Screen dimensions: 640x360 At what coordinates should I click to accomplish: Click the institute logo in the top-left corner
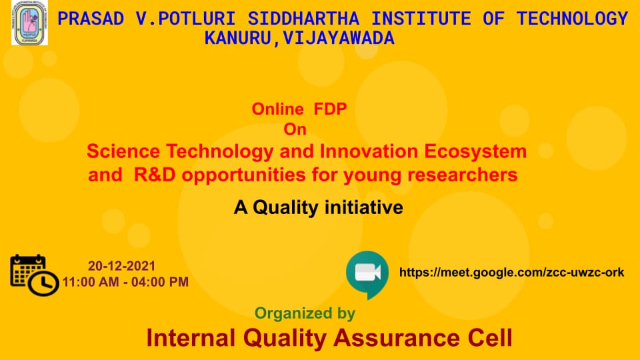point(29,23)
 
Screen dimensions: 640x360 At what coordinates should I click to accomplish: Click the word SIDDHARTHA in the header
point(303,19)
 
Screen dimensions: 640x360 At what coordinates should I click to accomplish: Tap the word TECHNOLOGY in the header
point(572,19)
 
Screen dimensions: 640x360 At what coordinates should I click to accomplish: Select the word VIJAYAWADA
point(339,39)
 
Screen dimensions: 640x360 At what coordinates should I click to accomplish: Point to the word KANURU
point(237,39)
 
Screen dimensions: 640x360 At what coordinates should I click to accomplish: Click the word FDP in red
point(330,109)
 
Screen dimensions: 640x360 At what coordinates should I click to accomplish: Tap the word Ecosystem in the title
point(475,152)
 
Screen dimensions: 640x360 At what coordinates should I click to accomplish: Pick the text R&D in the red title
point(154,175)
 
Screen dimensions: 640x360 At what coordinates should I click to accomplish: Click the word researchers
point(463,175)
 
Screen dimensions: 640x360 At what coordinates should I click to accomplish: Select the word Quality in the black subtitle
point(285,208)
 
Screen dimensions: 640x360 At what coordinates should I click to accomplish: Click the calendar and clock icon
point(34,275)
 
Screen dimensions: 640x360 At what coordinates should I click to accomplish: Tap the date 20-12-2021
point(121,266)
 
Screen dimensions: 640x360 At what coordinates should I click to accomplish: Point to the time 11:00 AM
point(90,282)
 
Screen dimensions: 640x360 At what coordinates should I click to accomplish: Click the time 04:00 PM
point(160,282)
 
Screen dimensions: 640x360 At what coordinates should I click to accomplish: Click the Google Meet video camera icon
point(367,274)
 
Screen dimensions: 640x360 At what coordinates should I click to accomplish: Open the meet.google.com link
point(512,272)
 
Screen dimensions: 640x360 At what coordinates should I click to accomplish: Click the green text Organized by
point(305,313)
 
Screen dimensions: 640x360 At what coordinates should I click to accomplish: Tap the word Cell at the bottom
point(490,339)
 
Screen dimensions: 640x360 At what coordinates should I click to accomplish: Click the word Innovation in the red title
point(369,151)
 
